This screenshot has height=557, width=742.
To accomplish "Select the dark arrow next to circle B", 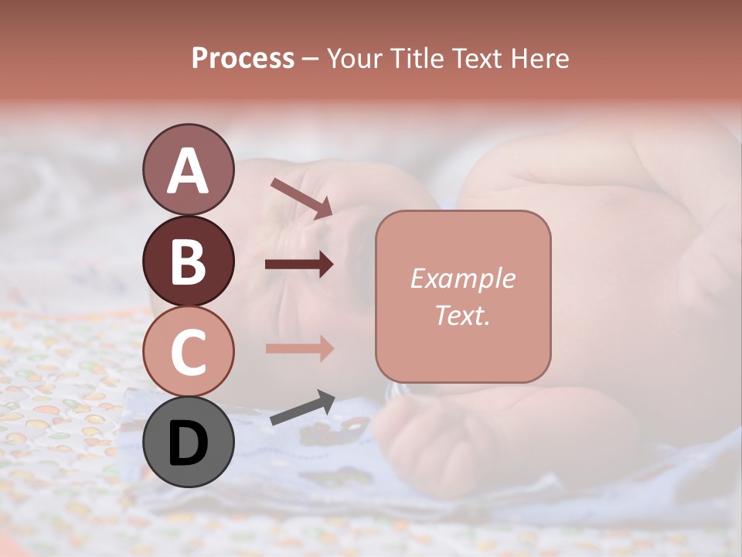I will (x=299, y=265).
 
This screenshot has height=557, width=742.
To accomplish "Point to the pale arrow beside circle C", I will (x=299, y=348).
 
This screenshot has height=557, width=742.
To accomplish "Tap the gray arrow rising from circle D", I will (x=302, y=408).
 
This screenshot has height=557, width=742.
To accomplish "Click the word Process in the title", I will (x=243, y=58).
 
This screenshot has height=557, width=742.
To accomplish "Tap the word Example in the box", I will (x=462, y=278).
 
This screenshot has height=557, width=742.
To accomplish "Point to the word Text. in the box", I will (x=462, y=315).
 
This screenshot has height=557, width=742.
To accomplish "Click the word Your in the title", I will (x=355, y=58).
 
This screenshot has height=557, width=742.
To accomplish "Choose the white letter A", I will (x=188, y=170).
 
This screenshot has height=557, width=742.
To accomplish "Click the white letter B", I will (x=188, y=261).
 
